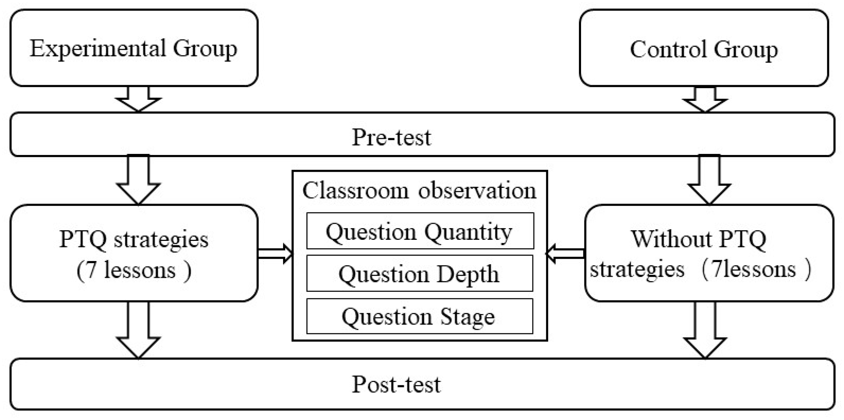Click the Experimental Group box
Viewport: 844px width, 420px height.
pos(134,48)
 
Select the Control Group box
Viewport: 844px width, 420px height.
pos(704,48)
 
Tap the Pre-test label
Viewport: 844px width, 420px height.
pos(391,137)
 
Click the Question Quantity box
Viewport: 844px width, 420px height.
pos(420,231)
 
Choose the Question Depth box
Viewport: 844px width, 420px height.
pos(419,273)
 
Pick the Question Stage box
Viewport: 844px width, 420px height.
pos(419,316)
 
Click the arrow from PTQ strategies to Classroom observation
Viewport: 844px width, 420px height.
pos(275,253)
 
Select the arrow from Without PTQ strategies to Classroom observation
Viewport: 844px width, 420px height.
pos(565,253)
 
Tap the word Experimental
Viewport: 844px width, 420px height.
pos(97,49)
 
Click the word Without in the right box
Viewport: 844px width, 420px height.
pos(671,239)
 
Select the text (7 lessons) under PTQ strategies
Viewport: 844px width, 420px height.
pos(134,271)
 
